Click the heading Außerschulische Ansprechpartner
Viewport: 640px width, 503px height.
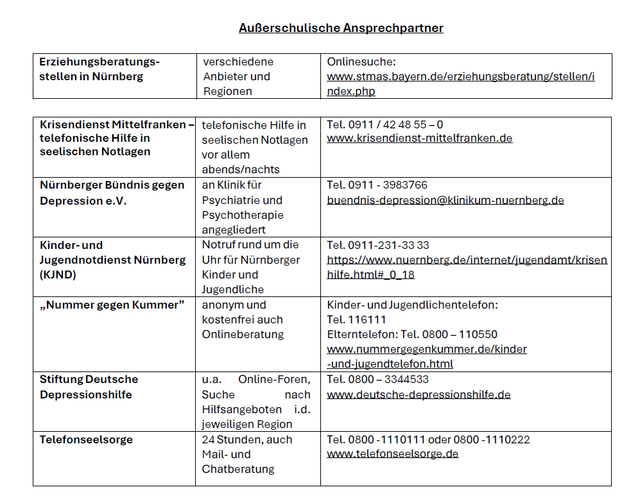click(341, 28)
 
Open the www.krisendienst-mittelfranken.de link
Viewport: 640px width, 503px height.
click(419, 138)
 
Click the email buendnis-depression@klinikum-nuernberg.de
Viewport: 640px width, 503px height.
click(445, 200)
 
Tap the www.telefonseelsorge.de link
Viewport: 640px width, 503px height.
click(392, 454)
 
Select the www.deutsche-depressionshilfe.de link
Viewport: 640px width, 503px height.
click(419, 394)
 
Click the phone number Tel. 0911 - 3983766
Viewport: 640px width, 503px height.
click(377, 185)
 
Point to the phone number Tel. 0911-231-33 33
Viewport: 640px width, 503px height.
click(377, 245)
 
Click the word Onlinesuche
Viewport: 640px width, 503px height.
click(361, 62)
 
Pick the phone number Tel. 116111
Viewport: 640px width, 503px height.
click(356, 320)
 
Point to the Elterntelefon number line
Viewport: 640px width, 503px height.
click(411, 334)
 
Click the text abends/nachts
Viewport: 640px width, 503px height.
click(234, 169)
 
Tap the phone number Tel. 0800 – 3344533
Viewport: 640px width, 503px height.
click(377, 379)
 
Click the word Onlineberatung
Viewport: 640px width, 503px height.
click(242, 334)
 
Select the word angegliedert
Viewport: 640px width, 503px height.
click(233, 230)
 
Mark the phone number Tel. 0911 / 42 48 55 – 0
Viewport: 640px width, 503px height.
click(385, 124)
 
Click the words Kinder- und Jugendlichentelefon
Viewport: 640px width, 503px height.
click(412, 305)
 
